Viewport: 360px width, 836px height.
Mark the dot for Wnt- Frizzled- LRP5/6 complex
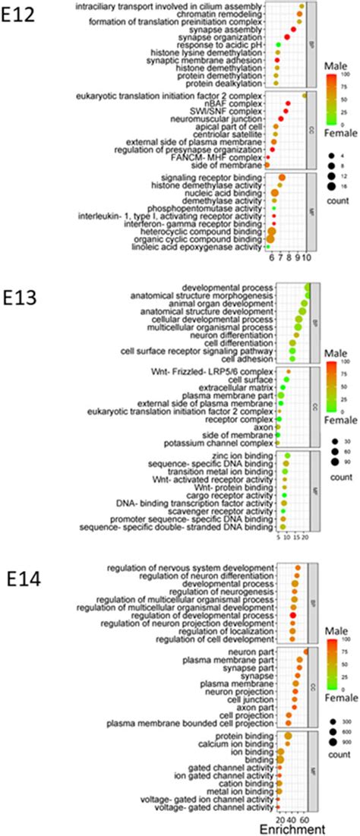(288, 371)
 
